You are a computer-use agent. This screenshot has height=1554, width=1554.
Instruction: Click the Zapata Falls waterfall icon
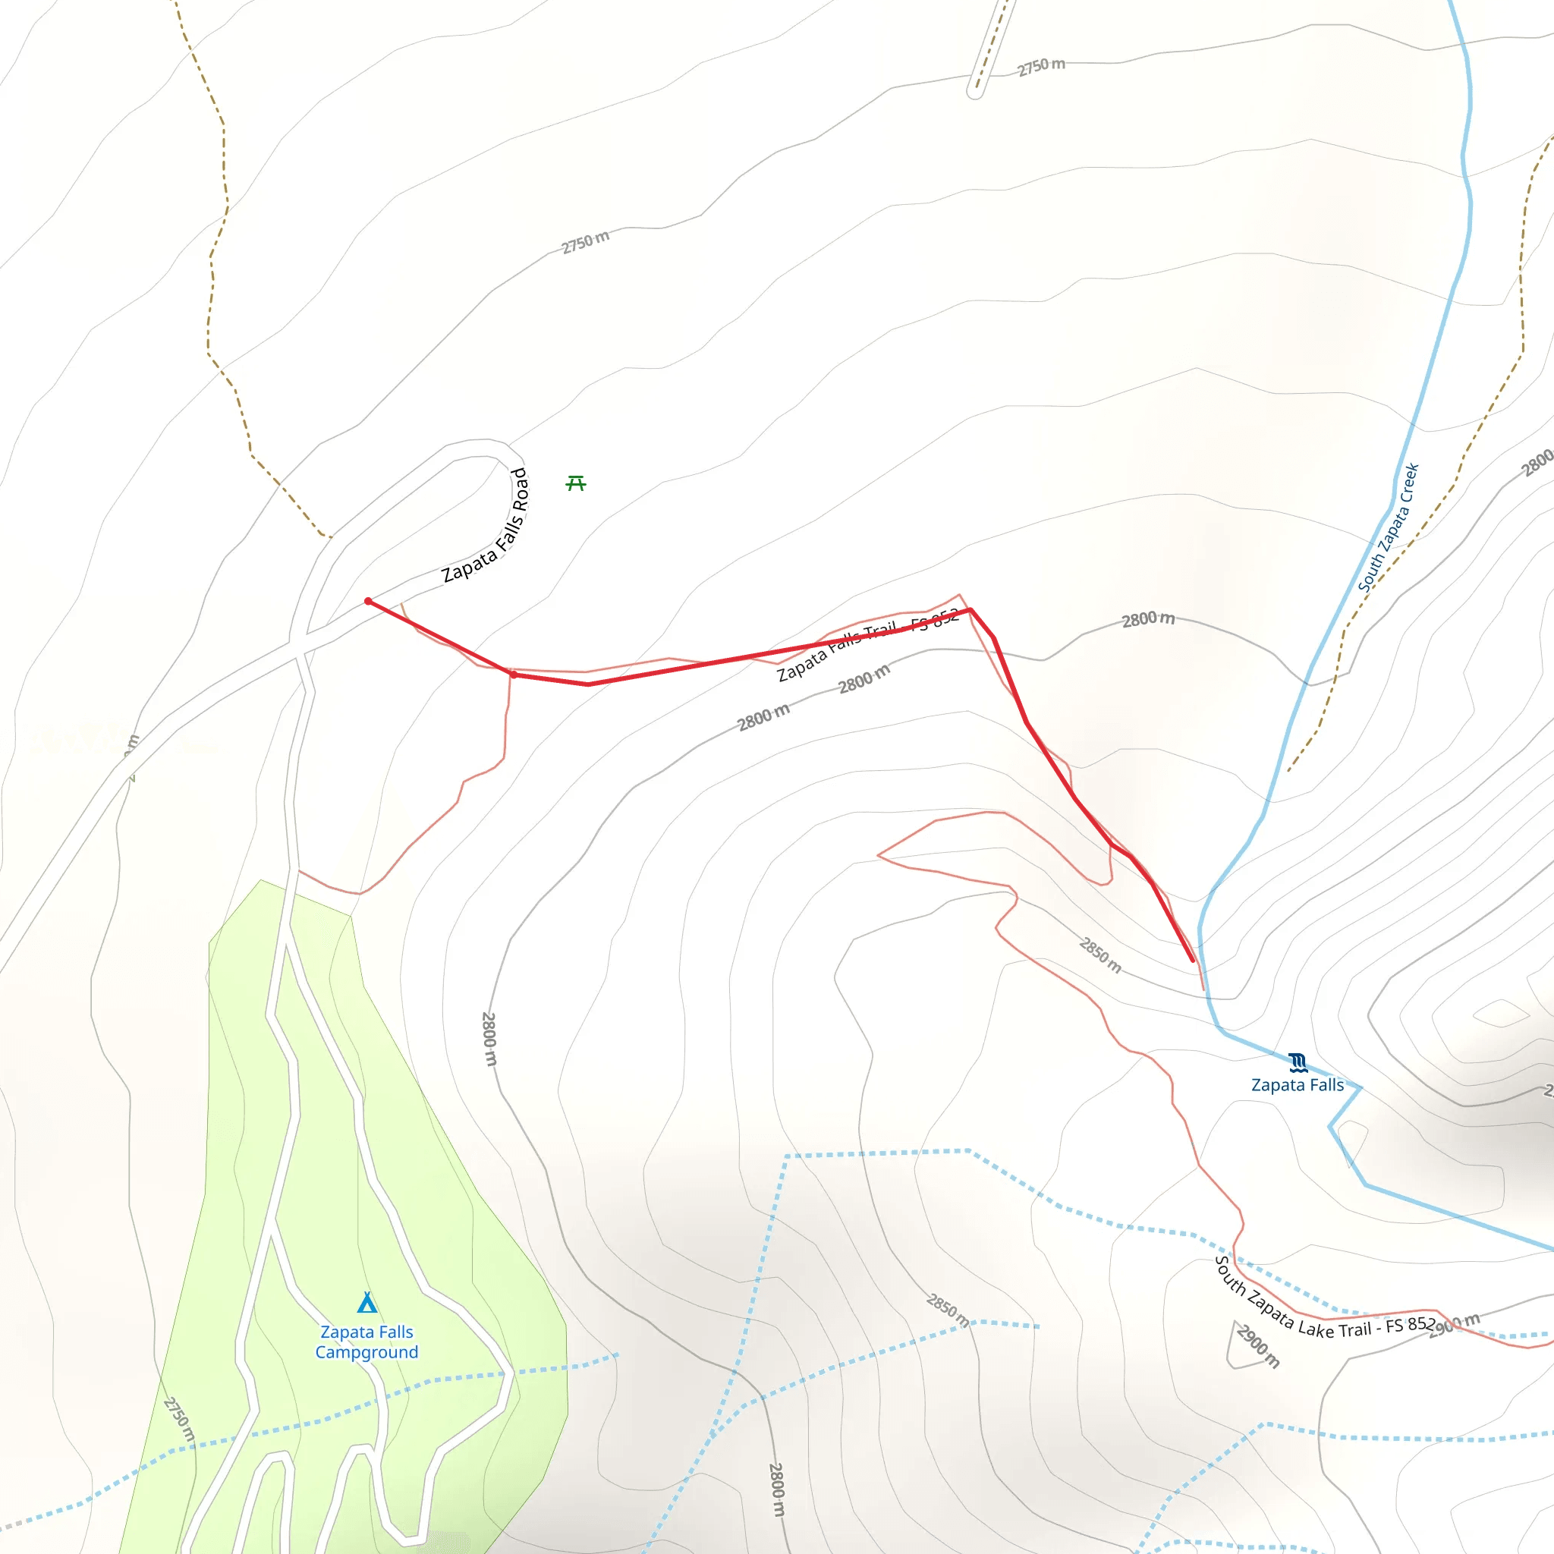coord(1298,1062)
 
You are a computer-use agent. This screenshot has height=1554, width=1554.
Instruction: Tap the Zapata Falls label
coord(1297,1085)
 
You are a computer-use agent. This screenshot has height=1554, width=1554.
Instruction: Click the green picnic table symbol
coord(576,483)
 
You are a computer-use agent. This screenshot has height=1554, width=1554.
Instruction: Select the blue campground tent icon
coord(366,1302)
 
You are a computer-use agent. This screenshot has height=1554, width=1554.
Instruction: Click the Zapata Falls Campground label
coord(366,1342)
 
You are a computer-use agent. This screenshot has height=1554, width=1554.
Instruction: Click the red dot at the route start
coord(368,601)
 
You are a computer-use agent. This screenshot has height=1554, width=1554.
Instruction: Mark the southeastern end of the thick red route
coord(1192,961)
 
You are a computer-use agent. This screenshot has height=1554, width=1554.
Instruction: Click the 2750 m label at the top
coord(1041,66)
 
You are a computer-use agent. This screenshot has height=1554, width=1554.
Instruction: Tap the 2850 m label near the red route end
coord(1100,955)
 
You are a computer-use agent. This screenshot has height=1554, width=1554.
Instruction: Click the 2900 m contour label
coord(1257,1345)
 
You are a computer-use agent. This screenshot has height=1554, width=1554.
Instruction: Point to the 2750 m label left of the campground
coord(179,1420)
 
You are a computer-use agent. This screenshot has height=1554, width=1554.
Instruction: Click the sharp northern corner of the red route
coord(970,610)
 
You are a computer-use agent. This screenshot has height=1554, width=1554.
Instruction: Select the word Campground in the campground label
coord(366,1352)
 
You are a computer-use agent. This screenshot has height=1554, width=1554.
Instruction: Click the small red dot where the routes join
coord(513,675)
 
